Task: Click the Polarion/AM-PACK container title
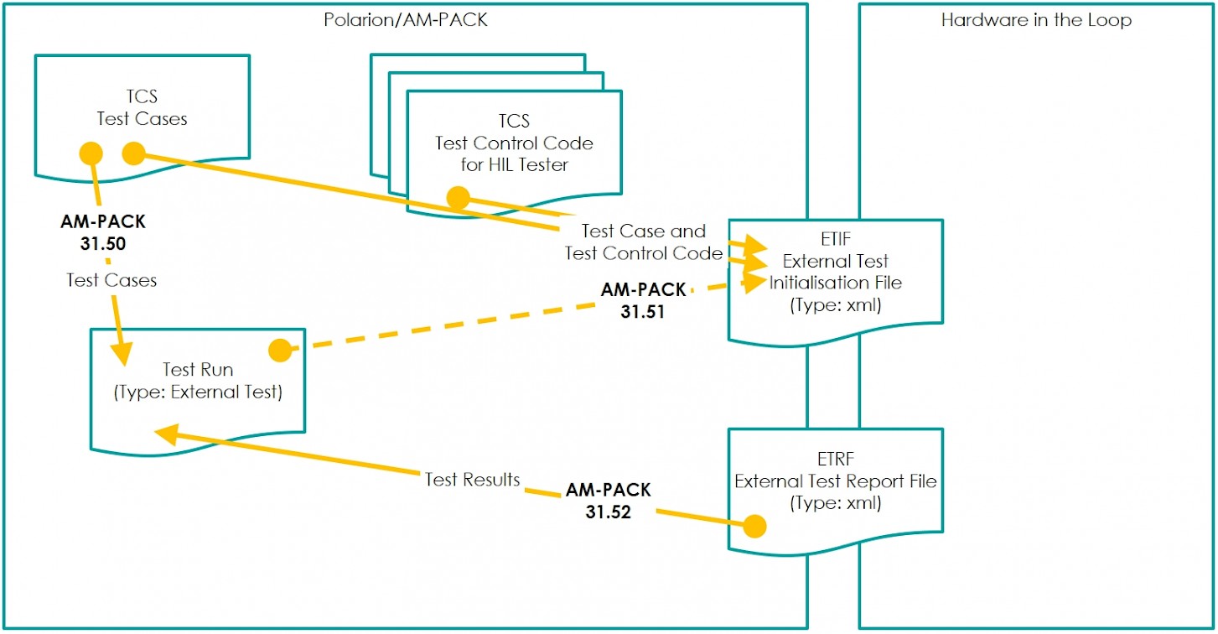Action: coord(405,20)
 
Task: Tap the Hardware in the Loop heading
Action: coord(1036,20)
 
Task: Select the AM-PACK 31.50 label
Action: coord(103,231)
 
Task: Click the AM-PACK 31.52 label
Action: coord(608,500)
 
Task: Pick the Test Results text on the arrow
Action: coord(472,480)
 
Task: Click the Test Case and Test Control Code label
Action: coord(644,242)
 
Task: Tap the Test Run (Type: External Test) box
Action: coord(197,381)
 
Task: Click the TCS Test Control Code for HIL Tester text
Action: coord(514,143)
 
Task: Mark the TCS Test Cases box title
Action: coord(142,108)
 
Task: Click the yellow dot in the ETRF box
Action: coord(755,526)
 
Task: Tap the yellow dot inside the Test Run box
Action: coord(279,351)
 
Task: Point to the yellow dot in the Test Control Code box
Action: coord(458,198)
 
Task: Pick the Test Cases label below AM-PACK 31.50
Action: coord(111,280)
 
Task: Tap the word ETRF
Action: coord(835,460)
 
